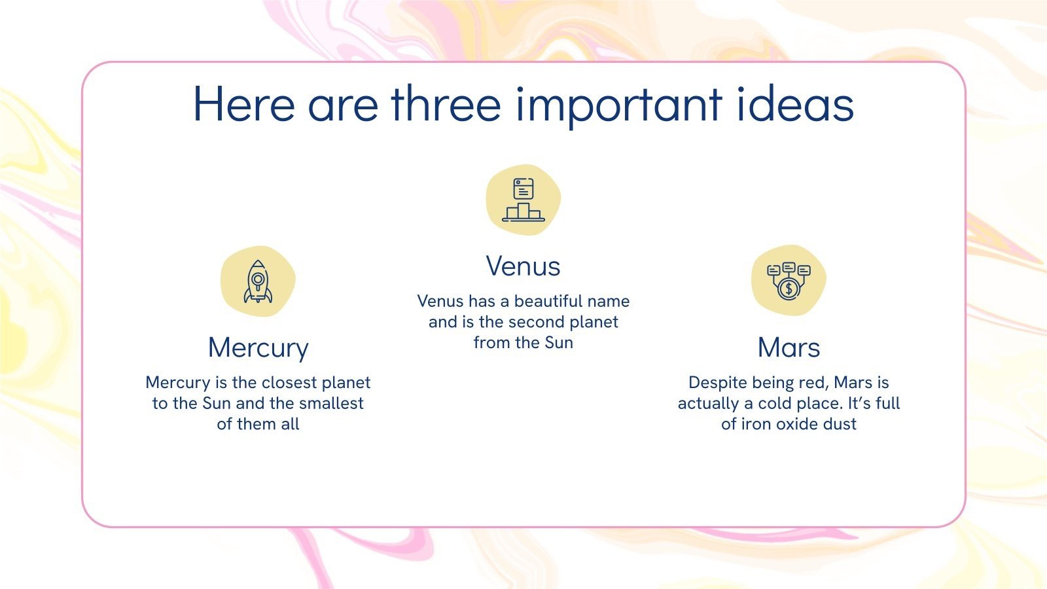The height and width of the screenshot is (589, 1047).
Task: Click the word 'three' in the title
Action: pyautogui.click(x=446, y=104)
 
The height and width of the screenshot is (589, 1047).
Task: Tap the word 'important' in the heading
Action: pyautogui.click(x=618, y=105)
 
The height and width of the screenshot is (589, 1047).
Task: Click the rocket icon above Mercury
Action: pyautogui.click(x=258, y=281)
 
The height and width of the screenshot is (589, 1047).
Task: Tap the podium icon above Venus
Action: pyautogui.click(x=523, y=200)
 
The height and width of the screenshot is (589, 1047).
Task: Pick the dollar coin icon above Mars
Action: pyautogui.click(x=789, y=281)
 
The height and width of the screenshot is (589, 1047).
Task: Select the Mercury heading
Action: pyautogui.click(x=258, y=348)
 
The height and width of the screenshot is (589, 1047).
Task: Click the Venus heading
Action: pyautogui.click(x=523, y=266)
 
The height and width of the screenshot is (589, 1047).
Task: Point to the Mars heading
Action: pyautogui.click(x=789, y=348)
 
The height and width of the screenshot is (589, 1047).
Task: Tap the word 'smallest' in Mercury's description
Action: pyautogui.click(x=331, y=403)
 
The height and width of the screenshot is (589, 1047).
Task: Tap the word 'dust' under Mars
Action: pyautogui.click(x=840, y=424)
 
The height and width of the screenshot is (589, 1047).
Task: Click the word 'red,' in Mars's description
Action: pyautogui.click(x=814, y=382)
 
